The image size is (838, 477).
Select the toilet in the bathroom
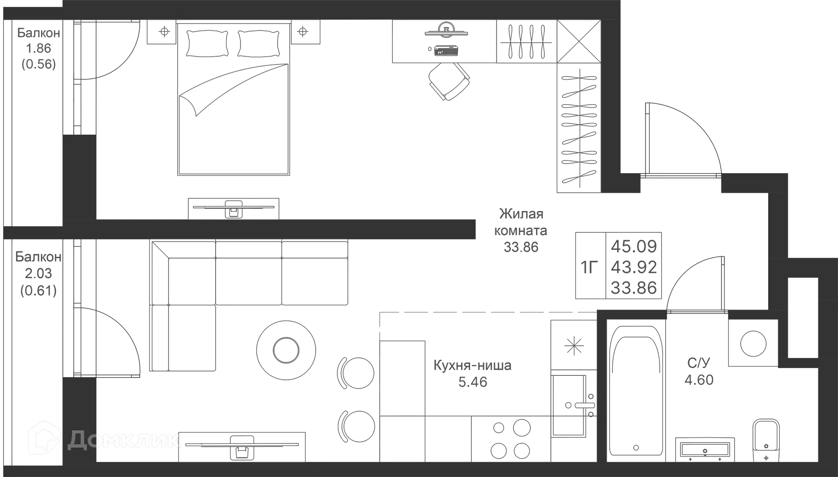pos(766,438)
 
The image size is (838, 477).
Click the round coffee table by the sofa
pos(286,349)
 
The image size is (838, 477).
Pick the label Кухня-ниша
pos(473,365)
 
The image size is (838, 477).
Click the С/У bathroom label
pos(699,362)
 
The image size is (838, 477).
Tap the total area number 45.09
pos(634,246)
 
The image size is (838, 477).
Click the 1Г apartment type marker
pos(590,267)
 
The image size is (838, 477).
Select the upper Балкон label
pos(38,33)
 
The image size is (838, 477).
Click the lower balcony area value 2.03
pos(38,273)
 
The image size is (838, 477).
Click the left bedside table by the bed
pos(163,31)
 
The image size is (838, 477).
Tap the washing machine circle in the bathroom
pos(752,344)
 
